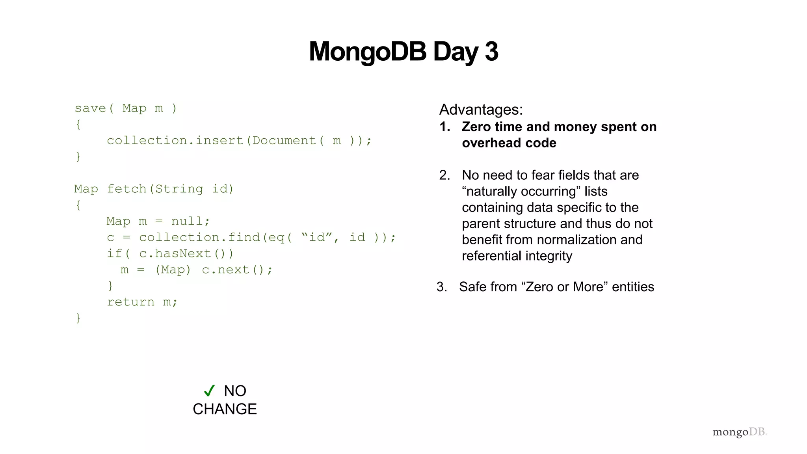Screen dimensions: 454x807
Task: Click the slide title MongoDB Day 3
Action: click(x=403, y=52)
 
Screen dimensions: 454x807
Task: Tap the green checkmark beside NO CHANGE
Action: click(x=209, y=391)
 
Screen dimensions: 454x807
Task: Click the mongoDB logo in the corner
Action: click(x=739, y=432)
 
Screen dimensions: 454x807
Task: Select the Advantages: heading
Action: click(x=481, y=110)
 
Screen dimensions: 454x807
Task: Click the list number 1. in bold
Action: click(x=445, y=127)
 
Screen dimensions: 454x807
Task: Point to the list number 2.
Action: click(x=444, y=175)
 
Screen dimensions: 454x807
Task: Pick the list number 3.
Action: click(x=442, y=287)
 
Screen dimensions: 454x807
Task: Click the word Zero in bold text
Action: click(x=477, y=127)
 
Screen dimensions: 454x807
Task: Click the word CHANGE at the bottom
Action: click(x=225, y=409)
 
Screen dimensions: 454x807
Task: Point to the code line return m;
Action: click(x=142, y=302)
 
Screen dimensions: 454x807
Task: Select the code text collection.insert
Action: click(x=175, y=140)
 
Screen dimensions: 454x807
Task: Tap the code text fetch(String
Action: click(x=155, y=189)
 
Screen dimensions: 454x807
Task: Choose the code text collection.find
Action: click(x=199, y=237)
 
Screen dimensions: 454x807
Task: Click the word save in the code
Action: click(x=90, y=108)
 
